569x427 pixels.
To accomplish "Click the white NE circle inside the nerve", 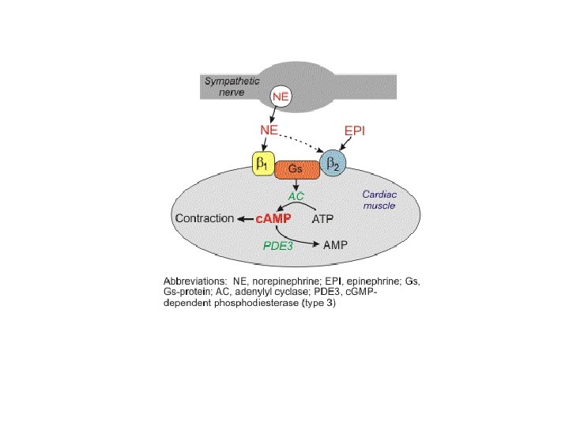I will click(281, 96).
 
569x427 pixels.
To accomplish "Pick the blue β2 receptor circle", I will click(332, 165).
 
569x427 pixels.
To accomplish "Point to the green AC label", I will click(296, 195).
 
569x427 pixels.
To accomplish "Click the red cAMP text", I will click(273, 217).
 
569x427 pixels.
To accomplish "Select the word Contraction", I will click(204, 217).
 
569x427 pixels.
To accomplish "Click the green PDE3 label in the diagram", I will click(278, 246).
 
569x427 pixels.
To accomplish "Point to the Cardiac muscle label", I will click(379, 199).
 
